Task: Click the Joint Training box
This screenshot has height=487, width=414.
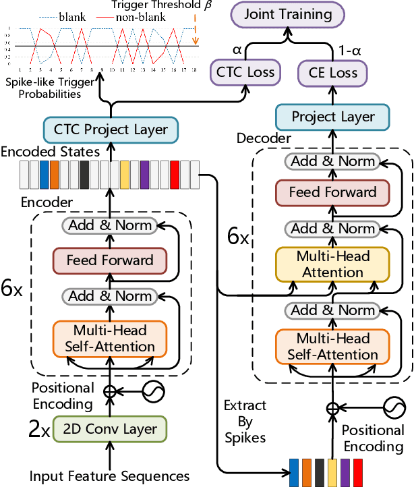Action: click(287, 14)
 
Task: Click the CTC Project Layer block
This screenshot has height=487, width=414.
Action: click(105, 129)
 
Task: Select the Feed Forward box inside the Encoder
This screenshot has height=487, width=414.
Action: click(109, 260)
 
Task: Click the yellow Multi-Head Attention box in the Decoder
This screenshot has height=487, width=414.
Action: click(332, 264)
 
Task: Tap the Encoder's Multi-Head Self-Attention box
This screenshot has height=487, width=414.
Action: click(109, 339)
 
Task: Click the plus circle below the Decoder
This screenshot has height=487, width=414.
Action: click(331, 407)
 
